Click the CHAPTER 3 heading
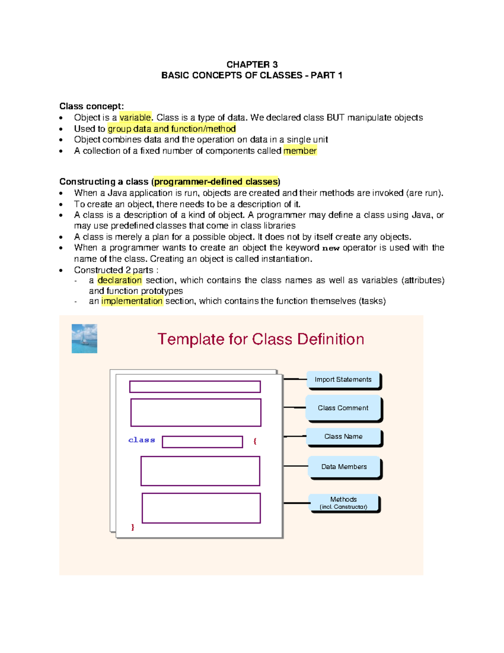(x=252, y=64)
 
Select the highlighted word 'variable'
(x=135, y=117)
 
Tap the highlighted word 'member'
(x=300, y=151)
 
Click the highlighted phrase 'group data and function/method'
(x=171, y=129)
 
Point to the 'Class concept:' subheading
(x=92, y=106)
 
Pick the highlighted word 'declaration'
(x=120, y=280)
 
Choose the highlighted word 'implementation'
(x=132, y=301)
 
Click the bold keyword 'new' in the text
(x=331, y=248)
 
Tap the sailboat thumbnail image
(x=84, y=338)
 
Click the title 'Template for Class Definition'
(x=260, y=339)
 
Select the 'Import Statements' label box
(x=343, y=380)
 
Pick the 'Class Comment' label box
(x=343, y=408)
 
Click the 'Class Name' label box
(x=343, y=436)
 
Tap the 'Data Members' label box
(x=344, y=467)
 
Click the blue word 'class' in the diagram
(x=142, y=440)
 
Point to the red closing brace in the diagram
(x=133, y=527)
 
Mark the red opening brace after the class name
(x=255, y=441)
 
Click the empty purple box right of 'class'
(x=202, y=442)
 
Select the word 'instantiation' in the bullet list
(x=286, y=259)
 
